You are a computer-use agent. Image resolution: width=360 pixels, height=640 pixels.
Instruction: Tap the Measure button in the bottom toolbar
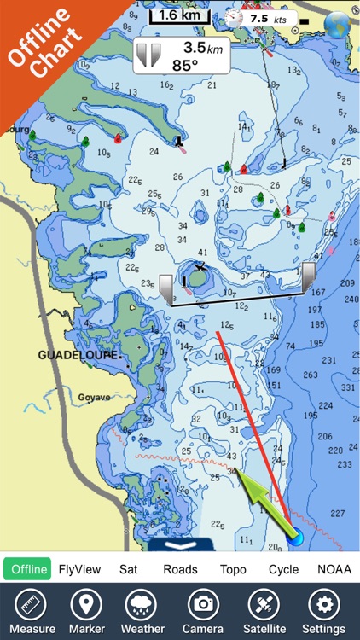point(32,611)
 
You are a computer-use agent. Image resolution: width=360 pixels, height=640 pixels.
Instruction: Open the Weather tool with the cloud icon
point(142,611)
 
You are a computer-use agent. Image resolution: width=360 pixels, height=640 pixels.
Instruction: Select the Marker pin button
point(86,611)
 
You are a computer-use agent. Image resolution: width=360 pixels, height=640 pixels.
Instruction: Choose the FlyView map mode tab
point(79,569)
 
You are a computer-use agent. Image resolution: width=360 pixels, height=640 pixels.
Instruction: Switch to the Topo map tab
point(233,569)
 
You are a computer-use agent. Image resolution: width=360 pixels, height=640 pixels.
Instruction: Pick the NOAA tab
point(334,569)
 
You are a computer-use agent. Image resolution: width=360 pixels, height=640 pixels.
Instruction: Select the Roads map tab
point(180,569)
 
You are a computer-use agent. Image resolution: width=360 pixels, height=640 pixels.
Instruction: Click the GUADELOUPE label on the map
point(79,353)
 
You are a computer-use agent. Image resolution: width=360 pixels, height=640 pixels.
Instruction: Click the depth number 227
point(338,513)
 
